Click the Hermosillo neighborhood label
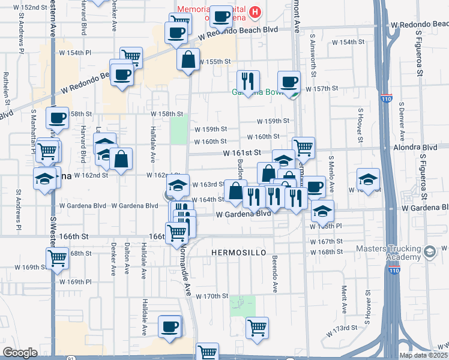tap(238, 253)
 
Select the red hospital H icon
tap(256, 12)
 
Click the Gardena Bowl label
tap(255, 92)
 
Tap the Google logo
tap(20, 353)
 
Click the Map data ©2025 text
tap(423, 355)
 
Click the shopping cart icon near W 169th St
tap(57, 259)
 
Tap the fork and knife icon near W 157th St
tap(247, 80)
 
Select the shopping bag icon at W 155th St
tap(188, 59)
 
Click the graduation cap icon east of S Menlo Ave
tap(368, 179)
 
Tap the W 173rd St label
tap(342, 329)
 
